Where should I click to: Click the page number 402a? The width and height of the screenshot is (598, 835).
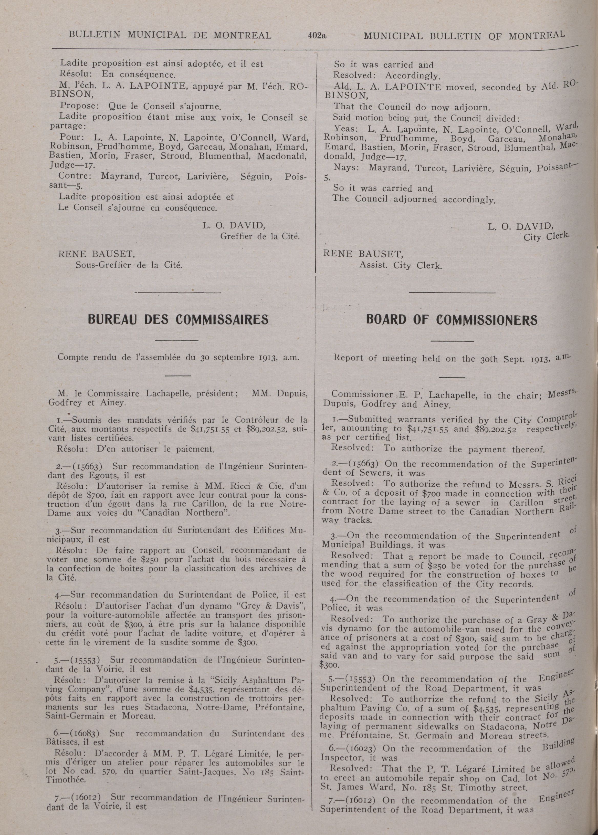pyautogui.click(x=317, y=36)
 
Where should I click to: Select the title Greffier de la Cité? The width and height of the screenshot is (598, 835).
pyautogui.click(x=260, y=236)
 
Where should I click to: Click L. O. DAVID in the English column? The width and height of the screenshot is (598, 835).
pyautogui.click(x=520, y=226)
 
